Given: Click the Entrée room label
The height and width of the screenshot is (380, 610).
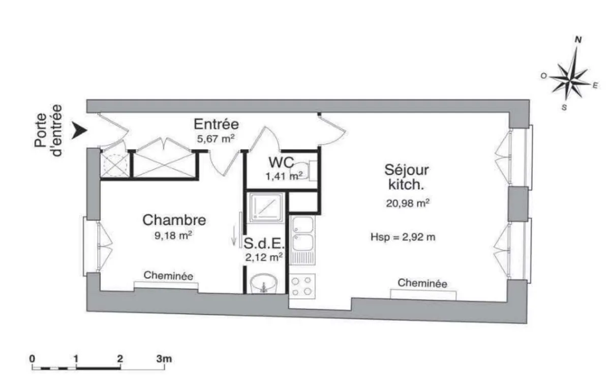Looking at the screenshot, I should tap(217, 124).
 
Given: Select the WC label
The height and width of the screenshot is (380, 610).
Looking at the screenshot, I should tap(281, 163).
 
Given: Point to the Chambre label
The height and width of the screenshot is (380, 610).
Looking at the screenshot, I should tap(174, 220).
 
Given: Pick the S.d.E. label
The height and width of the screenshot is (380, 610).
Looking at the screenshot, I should tap(263, 243).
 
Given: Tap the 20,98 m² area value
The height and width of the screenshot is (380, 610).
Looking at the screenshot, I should tap(407, 203).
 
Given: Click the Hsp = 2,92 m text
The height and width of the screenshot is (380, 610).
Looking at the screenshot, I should tap(404, 237).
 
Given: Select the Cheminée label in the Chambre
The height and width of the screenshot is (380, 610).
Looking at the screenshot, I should tap(168, 276).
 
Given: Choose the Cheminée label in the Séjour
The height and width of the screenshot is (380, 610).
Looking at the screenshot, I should tap(422, 283).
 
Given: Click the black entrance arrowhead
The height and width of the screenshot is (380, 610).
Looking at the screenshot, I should tap(78, 131).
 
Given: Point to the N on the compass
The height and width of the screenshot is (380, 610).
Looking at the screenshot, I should tap(578, 39).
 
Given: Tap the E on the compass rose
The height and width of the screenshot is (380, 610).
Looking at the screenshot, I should tap(594, 85).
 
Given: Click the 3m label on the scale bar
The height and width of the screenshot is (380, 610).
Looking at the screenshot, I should tap(164, 359).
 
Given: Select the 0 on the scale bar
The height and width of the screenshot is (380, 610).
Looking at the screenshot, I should tap(33, 359).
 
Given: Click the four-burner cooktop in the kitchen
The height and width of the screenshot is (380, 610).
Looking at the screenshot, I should tap(302, 286).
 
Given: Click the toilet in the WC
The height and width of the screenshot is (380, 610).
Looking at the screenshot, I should tap(305, 169).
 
